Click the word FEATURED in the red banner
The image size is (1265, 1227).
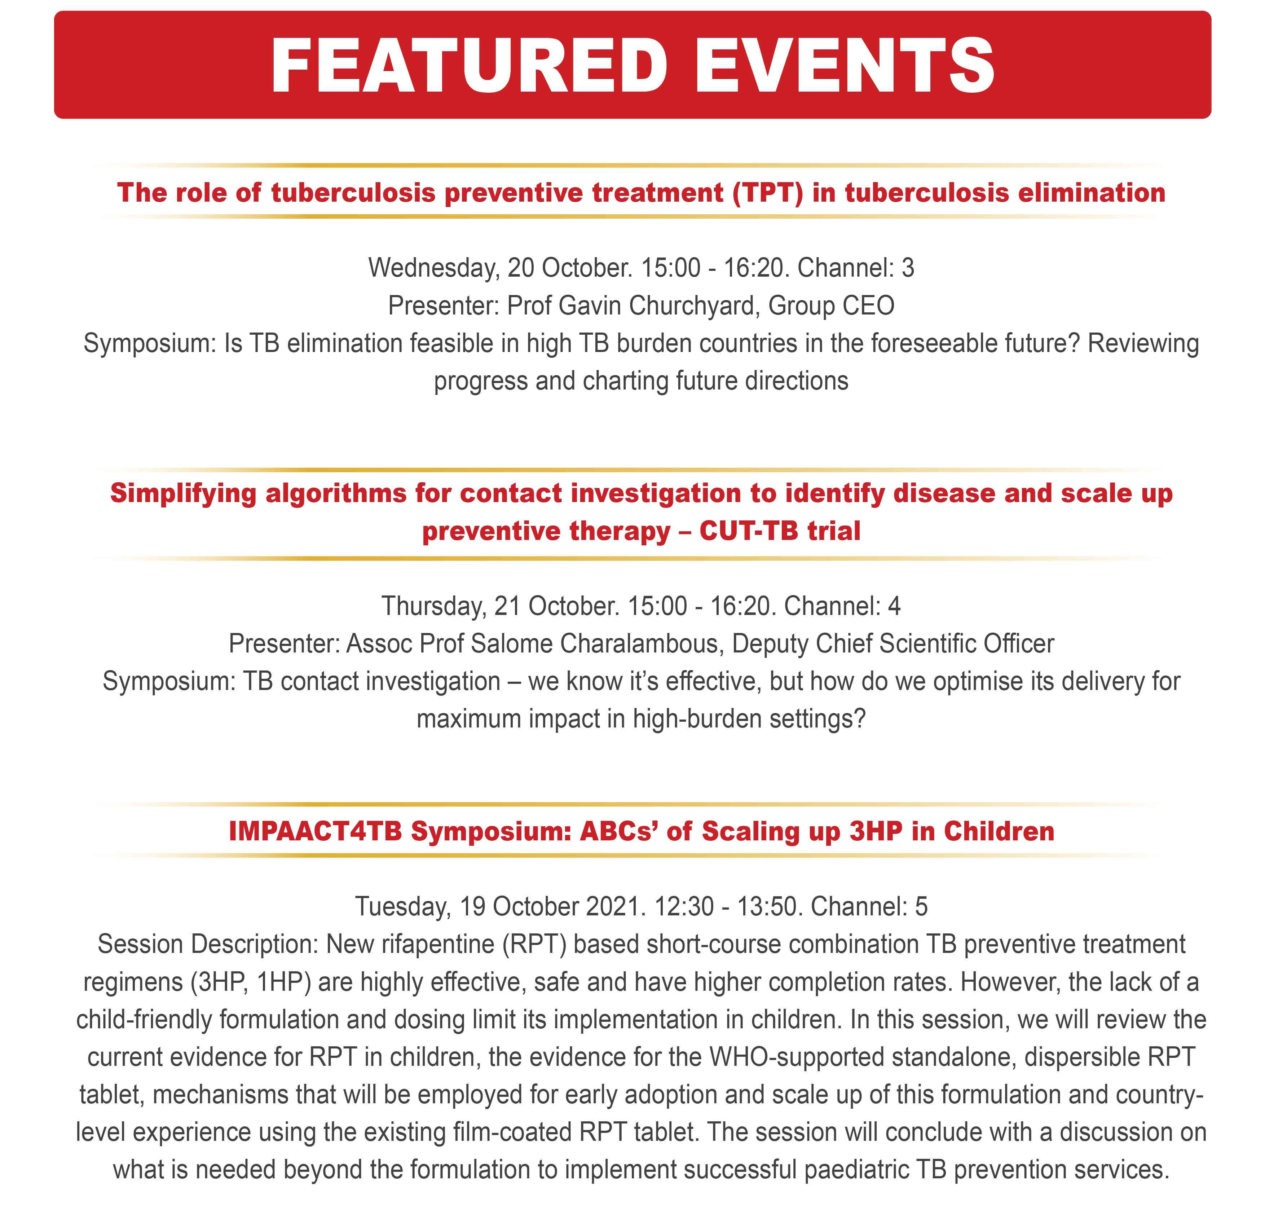click(x=469, y=66)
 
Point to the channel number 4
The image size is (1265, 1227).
click(x=894, y=606)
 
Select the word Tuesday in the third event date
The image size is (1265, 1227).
click(x=403, y=907)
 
